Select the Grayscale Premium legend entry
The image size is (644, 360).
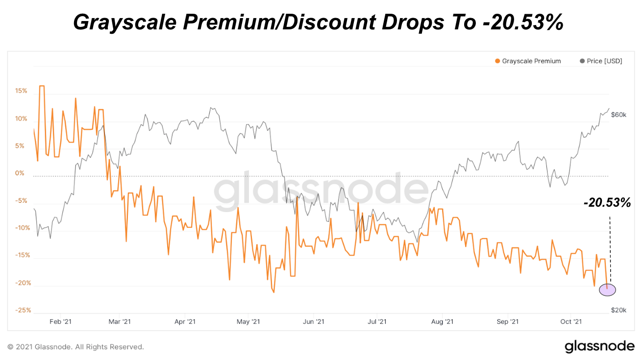click(x=531, y=61)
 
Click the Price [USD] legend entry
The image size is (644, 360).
click(x=604, y=61)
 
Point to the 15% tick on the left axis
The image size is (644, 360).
click(x=21, y=91)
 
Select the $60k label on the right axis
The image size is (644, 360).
click(x=619, y=115)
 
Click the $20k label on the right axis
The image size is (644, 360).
click(x=619, y=310)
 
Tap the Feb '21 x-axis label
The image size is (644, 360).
click(x=61, y=322)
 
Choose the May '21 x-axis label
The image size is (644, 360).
click(x=249, y=322)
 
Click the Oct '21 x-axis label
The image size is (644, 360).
click(x=571, y=322)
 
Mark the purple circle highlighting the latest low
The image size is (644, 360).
click(x=607, y=289)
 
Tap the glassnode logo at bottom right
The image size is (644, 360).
click(x=599, y=346)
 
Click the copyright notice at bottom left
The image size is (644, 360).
click(x=76, y=347)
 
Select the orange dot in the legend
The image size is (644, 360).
click(x=497, y=61)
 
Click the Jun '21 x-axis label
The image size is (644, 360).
click(x=314, y=322)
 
